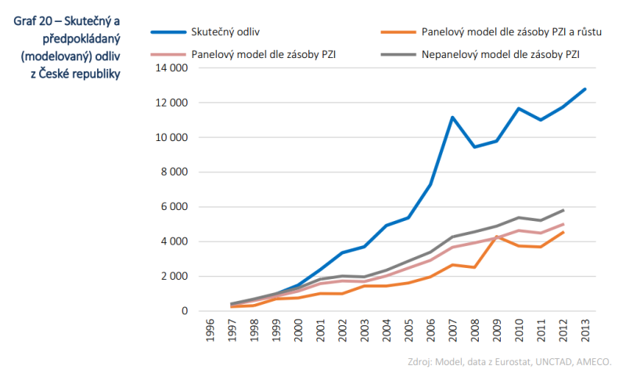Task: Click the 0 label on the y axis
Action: pos(184,311)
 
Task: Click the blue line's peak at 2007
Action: pos(452,118)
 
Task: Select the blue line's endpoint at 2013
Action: pos(585,89)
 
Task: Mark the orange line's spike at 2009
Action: pos(496,237)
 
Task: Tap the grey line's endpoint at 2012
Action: pos(563,210)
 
